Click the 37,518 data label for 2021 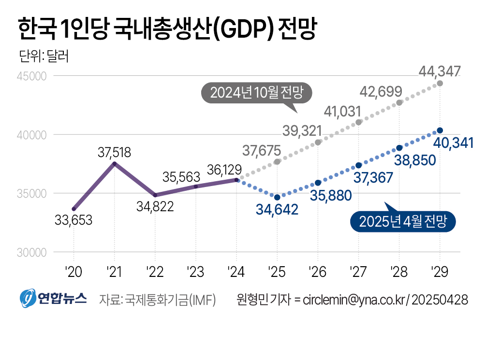(x=115, y=152)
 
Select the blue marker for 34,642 (x=277, y=197)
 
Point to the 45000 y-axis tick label (x=31, y=76)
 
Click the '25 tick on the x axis (x=277, y=272)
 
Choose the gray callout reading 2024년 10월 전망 (x=256, y=93)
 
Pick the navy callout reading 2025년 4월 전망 (x=403, y=221)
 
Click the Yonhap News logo (x=53, y=298)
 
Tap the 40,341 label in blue (x=453, y=143)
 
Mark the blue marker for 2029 (x=440, y=130)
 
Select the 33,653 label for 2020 (x=74, y=220)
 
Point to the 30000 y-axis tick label (x=31, y=253)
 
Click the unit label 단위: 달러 (x=44, y=56)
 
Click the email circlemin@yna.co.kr (x=353, y=300)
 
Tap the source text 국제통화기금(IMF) (x=170, y=300)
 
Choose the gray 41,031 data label (x=342, y=112)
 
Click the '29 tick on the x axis (x=440, y=272)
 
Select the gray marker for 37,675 (x=277, y=162)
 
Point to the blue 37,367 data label (x=373, y=178)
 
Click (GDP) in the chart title (x=244, y=29)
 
